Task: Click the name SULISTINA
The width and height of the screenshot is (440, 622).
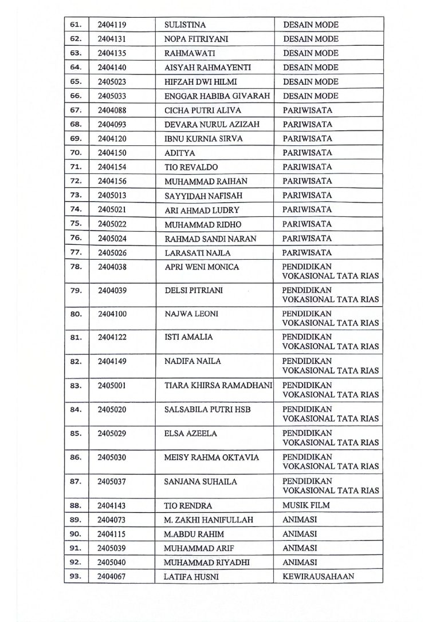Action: click(x=185, y=25)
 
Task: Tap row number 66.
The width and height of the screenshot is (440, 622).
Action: click(x=76, y=96)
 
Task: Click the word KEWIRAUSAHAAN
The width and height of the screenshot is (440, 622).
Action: click(x=319, y=577)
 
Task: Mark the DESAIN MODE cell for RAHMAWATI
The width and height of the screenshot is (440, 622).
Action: click(x=311, y=53)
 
